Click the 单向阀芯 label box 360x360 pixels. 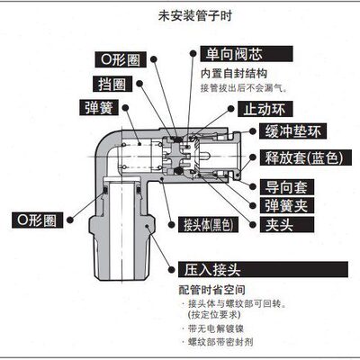click(x=229, y=55)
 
